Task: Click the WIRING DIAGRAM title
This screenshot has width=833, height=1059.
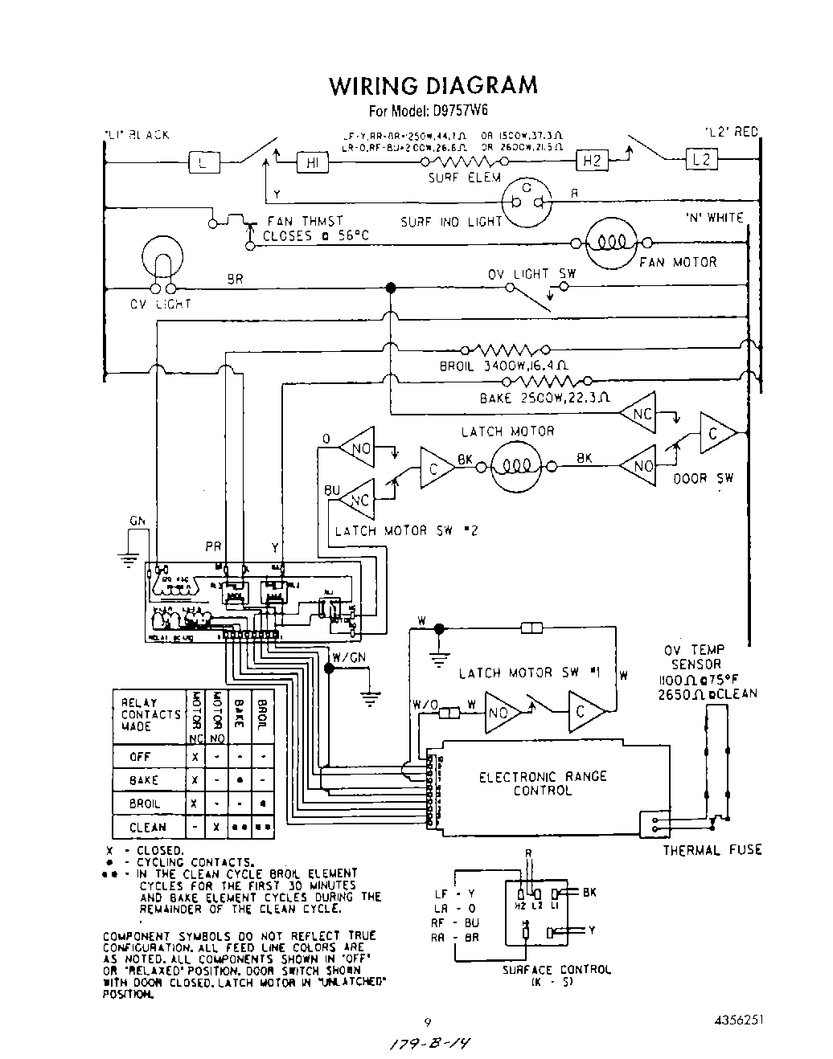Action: point(433,85)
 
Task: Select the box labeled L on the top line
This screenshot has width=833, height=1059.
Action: point(203,163)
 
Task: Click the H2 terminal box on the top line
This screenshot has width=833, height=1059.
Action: point(593,161)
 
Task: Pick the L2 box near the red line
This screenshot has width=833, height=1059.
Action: point(702,159)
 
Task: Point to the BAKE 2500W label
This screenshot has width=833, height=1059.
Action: point(545,398)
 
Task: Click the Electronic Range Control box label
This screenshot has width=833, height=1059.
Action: point(543,783)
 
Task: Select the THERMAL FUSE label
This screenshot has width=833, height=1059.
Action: point(712,850)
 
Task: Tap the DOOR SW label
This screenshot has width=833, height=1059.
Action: point(704,478)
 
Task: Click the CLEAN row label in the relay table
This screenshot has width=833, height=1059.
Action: point(148,827)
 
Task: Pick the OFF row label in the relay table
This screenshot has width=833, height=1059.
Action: point(140,757)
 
